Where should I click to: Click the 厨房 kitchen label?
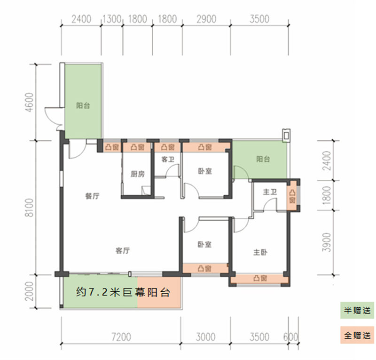[138, 174]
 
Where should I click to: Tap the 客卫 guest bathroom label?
[168, 159]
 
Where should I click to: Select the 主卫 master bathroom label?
[270, 192]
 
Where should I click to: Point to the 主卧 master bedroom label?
[260, 252]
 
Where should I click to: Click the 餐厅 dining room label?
[92, 196]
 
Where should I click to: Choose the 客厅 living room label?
[123, 251]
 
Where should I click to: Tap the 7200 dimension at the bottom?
[121, 337]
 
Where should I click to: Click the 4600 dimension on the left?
[30, 102]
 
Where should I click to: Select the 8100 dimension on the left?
[30, 208]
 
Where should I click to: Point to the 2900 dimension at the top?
[206, 19]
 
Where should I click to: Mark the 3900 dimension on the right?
[326, 242]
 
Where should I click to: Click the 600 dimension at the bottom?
[290, 337]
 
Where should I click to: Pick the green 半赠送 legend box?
[357, 310]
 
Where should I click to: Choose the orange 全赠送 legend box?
[357, 335]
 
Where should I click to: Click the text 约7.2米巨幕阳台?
[123, 292]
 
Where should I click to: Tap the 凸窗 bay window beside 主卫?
[292, 196]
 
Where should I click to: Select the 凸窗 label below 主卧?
[260, 278]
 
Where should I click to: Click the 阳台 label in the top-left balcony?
[83, 105]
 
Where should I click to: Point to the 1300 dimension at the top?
[112, 19]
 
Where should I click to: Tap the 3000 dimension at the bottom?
[205, 337]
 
